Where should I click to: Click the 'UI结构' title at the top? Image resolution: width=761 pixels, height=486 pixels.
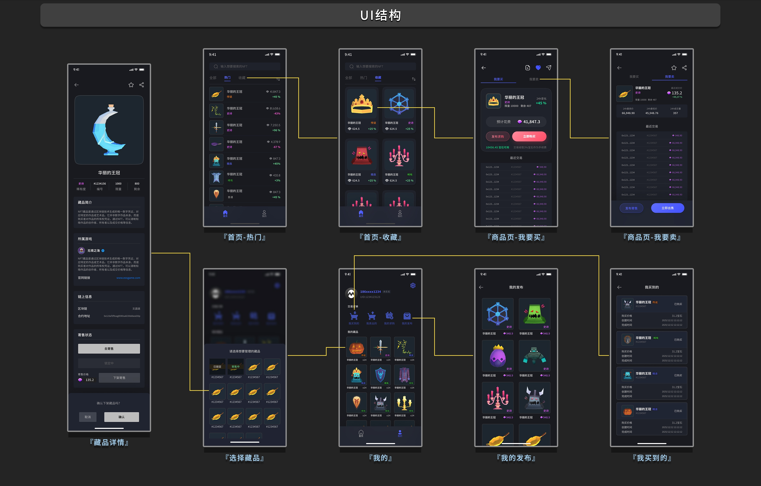pos(380,15)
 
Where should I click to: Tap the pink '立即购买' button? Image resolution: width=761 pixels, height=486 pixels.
pos(529,136)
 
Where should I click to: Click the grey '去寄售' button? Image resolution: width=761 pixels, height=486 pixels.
pos(109,348)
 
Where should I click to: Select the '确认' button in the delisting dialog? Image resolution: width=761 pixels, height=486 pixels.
pos(121,417)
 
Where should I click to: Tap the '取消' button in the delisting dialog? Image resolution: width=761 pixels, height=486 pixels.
pos(87,417)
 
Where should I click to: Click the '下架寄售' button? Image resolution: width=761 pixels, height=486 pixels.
pos(119,377)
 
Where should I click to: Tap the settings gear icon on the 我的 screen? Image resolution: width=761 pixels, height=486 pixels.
pos(413,285)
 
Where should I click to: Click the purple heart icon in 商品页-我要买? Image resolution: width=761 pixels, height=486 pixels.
pos(538,68)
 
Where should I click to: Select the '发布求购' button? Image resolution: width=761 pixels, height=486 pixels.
pos(497,136)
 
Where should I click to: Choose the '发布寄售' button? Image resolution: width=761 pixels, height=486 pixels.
pos(631,208)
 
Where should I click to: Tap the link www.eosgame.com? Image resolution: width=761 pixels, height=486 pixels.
pos(128,278)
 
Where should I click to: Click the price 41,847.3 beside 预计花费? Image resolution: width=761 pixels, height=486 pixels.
pos(531,122)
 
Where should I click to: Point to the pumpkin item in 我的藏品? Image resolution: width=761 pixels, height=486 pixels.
pos(357,347)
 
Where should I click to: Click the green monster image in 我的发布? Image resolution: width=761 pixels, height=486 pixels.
pos(534,314)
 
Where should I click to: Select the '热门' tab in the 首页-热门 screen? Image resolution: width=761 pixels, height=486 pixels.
pos(227,78)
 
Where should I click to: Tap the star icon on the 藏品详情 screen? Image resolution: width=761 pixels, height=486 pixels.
pos(131,85)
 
